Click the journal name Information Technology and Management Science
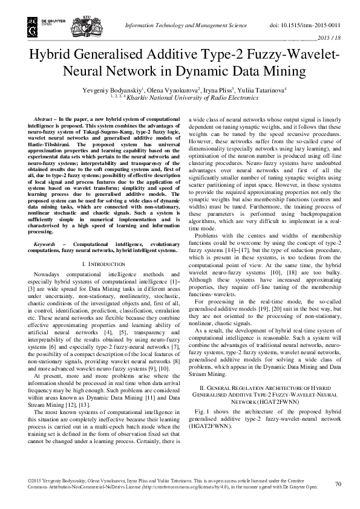(185, 26)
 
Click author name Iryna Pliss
(225, 89)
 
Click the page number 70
(338, 484)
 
